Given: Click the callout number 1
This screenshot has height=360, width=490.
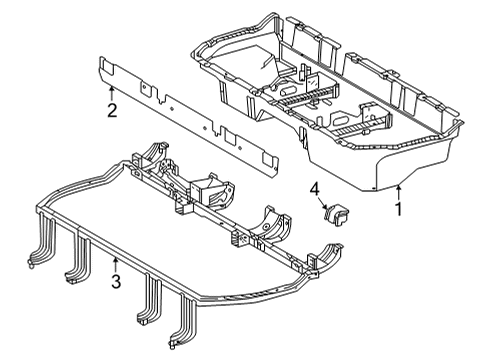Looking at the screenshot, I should [398, 212].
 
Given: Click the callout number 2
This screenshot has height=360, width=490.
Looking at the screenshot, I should [112, 110].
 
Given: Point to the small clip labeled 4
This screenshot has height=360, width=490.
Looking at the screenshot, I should [334, 213].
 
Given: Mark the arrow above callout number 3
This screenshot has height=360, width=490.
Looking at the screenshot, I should [116, 264].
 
